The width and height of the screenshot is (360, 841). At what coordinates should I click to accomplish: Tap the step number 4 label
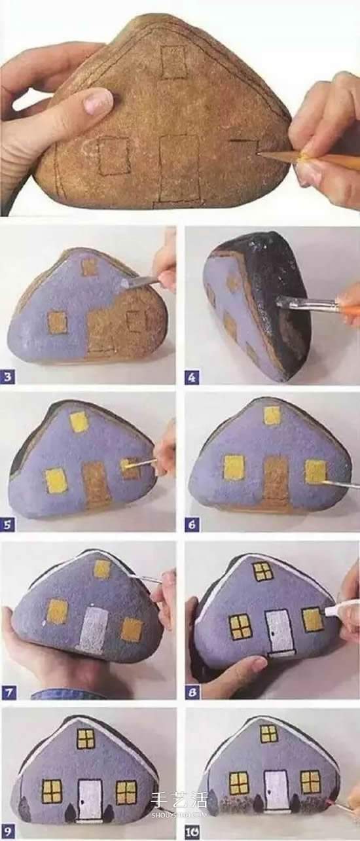(x=192, y=378)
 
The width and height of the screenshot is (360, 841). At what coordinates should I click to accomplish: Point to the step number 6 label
(x=192, y=524)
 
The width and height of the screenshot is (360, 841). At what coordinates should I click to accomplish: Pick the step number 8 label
(x=192, y=692)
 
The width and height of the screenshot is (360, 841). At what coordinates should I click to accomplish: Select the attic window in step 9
(x=86, y=738)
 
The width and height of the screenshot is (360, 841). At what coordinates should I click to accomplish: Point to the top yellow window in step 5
(x=79, y=422)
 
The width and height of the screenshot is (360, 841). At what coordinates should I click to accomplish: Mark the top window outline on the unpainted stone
(x=173, y=62)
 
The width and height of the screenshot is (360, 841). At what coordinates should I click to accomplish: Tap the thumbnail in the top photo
(x=98, y=101)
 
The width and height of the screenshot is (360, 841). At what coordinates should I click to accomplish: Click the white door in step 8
(x=279, y=631)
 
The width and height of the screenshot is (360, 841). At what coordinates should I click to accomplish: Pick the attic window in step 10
(x=269, y=733)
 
